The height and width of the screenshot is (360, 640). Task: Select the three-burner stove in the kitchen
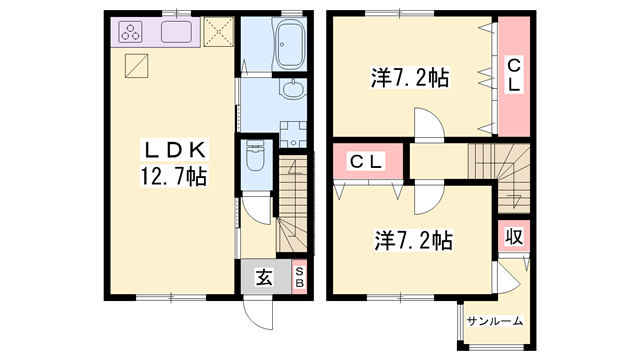tap(133, 33)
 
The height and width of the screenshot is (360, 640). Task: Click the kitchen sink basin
tap(178, 33)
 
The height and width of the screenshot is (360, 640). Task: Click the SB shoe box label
tap(300, 278)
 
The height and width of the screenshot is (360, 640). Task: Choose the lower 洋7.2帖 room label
tap(414, 241)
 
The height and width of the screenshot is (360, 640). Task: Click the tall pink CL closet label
tap(514, 75)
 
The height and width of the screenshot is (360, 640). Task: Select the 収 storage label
tap(514, 238)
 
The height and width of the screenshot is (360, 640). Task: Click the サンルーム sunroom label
tap(495, 320)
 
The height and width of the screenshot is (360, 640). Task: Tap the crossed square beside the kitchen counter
tap(218, 33)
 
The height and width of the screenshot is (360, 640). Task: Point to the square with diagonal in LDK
tap(137, 67)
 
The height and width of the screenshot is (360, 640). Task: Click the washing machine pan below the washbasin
tap(292, 131)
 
